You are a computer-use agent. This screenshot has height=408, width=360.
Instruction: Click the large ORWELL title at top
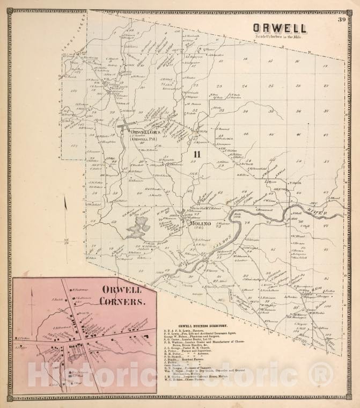[x=280, y=28]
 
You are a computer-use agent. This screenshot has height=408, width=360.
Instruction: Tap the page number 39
[x=342, y=20]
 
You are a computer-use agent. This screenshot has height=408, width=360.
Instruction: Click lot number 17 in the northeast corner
[x=325, y=66]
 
